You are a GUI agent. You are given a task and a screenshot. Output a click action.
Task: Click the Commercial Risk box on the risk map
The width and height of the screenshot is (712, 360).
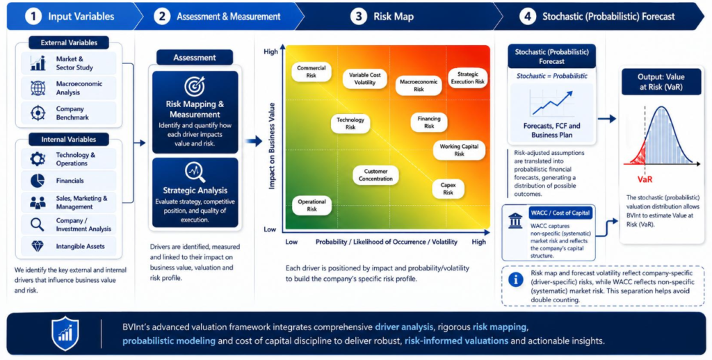tap(311, 72)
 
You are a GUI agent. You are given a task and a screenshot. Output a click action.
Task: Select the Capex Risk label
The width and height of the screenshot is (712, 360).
tap(448, 189)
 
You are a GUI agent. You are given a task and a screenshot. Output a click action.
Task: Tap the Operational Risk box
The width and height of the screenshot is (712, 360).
tap(311, 205)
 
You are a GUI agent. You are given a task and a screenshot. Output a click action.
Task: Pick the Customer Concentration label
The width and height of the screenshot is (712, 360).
tap(375, 175)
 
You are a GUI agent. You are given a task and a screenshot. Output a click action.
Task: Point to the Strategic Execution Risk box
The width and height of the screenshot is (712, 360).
tap(468, 78)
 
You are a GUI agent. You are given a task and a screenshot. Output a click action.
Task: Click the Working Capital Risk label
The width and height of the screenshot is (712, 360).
tap(459, 150)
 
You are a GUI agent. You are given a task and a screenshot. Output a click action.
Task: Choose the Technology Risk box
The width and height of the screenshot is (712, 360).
tap(350, 124)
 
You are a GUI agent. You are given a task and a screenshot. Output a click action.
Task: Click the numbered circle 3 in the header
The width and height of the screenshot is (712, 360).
tap(359, 17)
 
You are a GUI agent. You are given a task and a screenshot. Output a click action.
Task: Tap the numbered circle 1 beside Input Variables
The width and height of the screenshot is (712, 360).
tap(33, 17)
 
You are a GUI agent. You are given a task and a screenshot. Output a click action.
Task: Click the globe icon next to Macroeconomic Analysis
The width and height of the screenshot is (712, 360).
tap(38, 88)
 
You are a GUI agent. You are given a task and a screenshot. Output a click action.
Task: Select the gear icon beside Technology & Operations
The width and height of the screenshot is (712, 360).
tap(38, 159)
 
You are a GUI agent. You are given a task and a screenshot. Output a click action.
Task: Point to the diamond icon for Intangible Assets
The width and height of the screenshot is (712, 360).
tap(38, 247)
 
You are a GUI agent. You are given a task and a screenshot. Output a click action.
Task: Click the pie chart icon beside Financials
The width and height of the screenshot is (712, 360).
tap(38, 181)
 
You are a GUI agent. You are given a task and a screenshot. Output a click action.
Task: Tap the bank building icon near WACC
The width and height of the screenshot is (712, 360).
tap(515, 220)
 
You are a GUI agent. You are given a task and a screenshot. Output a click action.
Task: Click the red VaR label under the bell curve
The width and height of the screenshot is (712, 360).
tap(645, 179)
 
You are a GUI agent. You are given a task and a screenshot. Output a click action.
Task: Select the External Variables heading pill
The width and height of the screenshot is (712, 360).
tap(69, 42)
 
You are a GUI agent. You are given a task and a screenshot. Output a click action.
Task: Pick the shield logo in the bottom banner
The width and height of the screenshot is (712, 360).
tap(65, 334)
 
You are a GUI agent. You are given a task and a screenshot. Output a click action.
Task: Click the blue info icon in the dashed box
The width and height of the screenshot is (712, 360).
tap(515, 280)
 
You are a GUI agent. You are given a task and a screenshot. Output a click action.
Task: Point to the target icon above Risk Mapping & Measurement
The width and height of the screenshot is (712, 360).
tap(195, 87)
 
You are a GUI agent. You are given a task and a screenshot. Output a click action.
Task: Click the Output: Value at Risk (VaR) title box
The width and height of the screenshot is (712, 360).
tap(661, 82)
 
